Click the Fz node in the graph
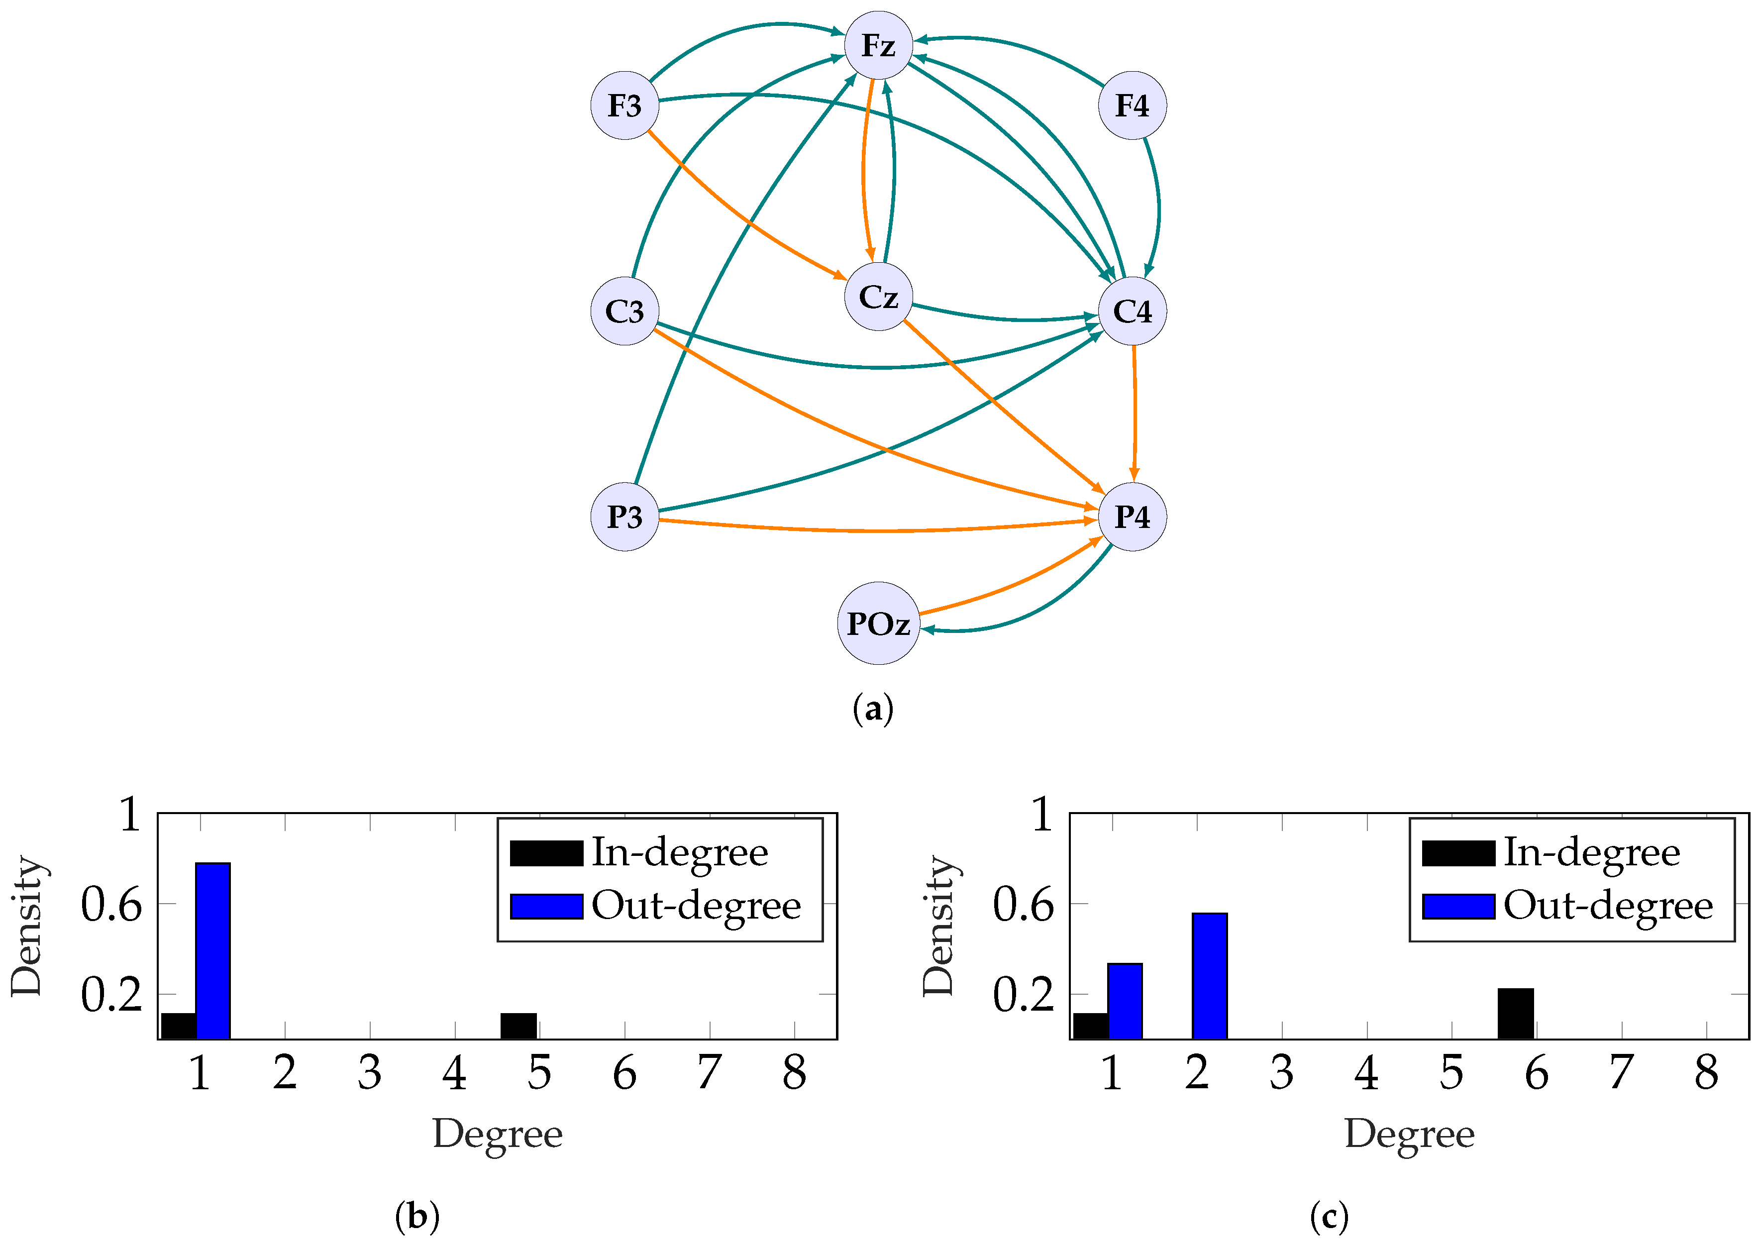[878, 45]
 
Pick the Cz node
[878, 297]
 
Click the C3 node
[624, 311]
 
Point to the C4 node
[1132, 311]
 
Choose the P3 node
[624, 517]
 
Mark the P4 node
[1132, 517]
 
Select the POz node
[878, 623]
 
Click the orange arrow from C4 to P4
[1135, 414]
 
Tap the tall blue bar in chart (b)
[213, 950]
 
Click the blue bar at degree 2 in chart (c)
[1210, 976]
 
